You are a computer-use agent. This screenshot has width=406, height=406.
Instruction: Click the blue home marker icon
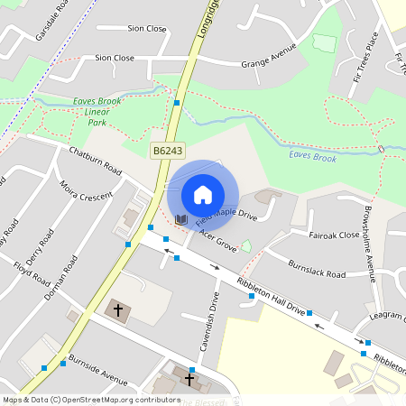click(203, 195)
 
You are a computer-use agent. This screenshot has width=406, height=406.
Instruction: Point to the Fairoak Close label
click(334, 235)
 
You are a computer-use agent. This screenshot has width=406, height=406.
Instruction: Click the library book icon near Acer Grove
click(180, 219)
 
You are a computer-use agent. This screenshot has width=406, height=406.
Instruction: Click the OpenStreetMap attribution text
click(91, 399)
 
